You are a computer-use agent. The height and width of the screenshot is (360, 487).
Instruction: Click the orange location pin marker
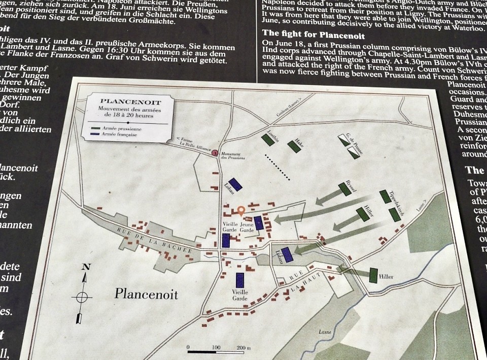pos(241,210)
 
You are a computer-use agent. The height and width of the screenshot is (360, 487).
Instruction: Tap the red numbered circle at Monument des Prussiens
pos(215,152)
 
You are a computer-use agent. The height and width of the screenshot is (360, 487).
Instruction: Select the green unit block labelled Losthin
pos(268,140)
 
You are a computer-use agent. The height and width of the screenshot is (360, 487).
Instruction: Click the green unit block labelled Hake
pos(294,146)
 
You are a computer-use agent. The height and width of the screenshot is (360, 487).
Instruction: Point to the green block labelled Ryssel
pos(345,189)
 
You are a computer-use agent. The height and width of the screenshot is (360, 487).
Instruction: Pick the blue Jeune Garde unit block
pos(259,223)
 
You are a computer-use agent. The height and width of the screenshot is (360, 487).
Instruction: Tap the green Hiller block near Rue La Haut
pos(373,275)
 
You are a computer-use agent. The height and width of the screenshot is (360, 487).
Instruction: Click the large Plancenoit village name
pos(146,293)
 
